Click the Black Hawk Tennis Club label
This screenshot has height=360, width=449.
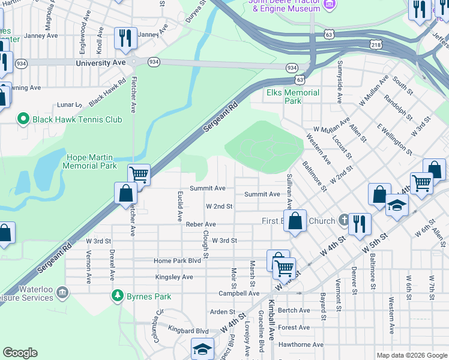click(77, 119)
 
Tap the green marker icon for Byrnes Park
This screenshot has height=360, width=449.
click(117, 296)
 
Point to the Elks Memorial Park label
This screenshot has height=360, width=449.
click(293, 97)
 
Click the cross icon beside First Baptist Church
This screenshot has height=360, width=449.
click(343, 220)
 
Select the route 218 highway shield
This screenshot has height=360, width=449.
click(376, 45)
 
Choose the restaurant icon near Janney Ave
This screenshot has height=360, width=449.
click(125, 38)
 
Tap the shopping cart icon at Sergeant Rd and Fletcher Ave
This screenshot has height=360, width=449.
click(139, 175)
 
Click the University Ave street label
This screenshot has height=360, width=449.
click(101, 62)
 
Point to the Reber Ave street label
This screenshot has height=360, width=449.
click(200, 224)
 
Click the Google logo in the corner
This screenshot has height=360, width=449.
click(20, 353)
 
